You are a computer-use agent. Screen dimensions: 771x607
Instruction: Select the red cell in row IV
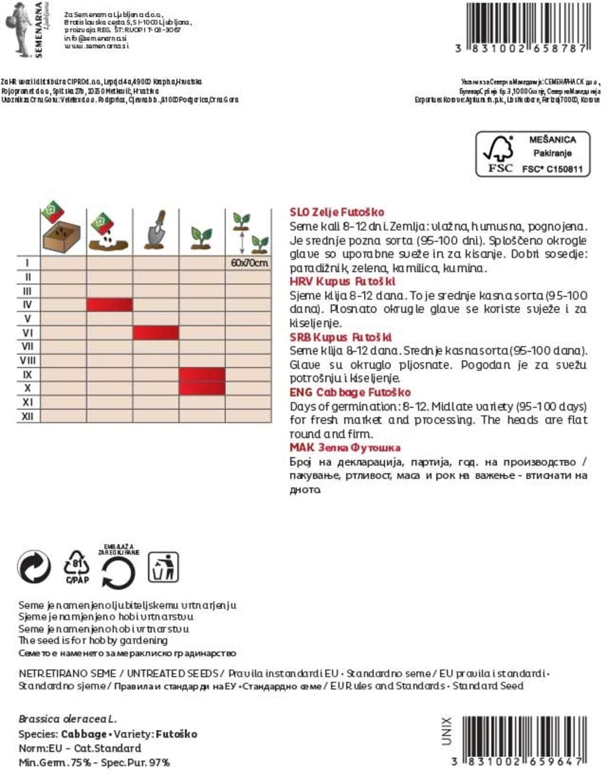[x=110, y=305]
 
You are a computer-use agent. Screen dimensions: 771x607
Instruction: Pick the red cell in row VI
[x=155, y=332]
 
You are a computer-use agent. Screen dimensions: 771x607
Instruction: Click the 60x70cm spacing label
[x=248, y=263]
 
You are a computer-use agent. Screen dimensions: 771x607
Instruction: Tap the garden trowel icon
[x=156, y=231]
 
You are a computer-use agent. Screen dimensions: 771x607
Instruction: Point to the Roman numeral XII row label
[x=27, y=416]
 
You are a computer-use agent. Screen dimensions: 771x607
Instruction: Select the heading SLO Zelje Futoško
[x=337, y=212]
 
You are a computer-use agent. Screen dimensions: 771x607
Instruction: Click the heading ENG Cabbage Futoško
[x=350, y=392]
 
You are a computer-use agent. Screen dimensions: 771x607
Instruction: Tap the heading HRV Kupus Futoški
[x=342, y=281]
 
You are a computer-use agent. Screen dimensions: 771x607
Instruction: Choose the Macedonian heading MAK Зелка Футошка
[x=344, y=447]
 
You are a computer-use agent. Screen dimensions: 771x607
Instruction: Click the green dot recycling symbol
[x=34, y=567]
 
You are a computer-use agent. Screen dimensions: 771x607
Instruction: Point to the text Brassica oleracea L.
[x=68, y=719]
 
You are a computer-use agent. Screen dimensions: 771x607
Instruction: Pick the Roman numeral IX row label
[x=27, y=375]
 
